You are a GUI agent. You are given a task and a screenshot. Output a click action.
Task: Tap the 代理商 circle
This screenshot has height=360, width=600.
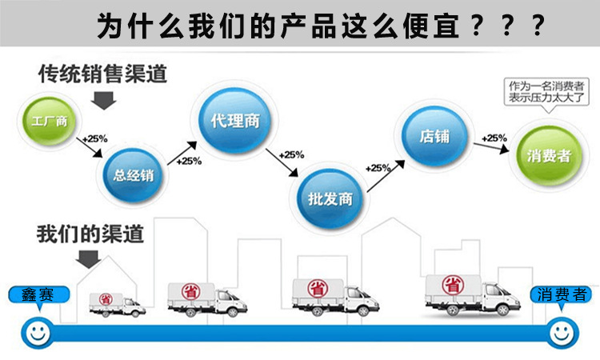tap(231, 122)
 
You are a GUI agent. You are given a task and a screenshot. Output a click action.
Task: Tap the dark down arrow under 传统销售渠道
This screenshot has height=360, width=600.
tap(104, 99)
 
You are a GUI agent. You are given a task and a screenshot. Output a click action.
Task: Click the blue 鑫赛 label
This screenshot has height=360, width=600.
tap(35, 294)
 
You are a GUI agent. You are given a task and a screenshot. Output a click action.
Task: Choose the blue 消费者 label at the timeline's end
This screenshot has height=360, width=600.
tap(560, 294)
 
